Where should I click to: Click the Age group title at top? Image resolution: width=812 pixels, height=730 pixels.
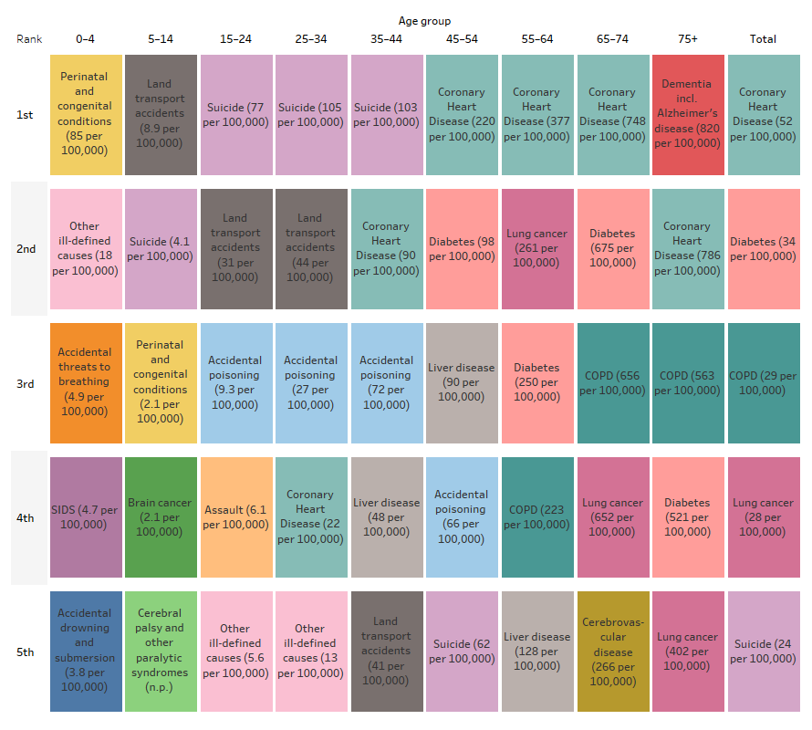pyautogui.click(x=424, y=21)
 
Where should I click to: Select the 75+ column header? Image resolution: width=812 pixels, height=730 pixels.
pyautogui.click(x=687, y=39)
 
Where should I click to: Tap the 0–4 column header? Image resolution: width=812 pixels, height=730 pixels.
pyautogui.click(x=85, y=39)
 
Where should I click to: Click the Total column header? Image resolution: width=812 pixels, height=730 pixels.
pyautogui.click(x=763, y=39)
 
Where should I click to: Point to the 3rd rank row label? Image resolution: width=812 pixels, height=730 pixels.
pyautogui.click(x=25, y=384)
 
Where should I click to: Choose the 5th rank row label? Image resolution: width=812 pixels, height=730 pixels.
pyautogui.click(x=25, y=652)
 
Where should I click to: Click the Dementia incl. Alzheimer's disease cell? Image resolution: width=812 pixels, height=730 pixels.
pyautogui.click(x=687, y=114)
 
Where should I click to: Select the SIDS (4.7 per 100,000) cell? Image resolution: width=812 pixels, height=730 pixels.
pyautogui.click(x=85, y=517)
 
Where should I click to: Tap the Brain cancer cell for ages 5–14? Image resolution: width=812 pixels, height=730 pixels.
pyautogui.click(x=161, y=517)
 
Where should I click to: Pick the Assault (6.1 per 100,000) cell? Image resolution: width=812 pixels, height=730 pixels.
pyautogui.click(x=235, y=517)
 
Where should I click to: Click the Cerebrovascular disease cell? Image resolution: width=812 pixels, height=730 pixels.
pyautogui.click(x=612, y=652)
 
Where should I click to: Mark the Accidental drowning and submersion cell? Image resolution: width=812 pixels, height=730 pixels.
pyautogui.click(x=85, y=652)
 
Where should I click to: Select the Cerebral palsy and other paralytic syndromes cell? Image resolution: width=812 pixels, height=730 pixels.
pyautogui.click(x=161, y=652)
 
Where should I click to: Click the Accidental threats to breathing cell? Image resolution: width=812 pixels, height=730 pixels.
pyautogui.click(x=85, y=383)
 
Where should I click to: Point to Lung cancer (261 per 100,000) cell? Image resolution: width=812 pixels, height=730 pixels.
pyautogui.click(x=536, y=248)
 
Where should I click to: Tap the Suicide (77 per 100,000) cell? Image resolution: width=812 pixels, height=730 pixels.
pyautogui.click(x=235, y=114)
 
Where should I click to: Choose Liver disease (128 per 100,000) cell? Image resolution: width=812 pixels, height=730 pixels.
pyautogui.click(x=536, y=652)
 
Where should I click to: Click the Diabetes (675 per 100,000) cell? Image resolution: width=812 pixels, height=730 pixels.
pyautogui.click(x=612, y=248)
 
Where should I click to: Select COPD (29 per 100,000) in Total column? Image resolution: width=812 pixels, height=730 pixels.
pyautogui.click(x=763, y=383)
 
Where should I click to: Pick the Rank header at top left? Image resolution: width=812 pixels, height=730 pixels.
pyautogui.click(x=29, y=39)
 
